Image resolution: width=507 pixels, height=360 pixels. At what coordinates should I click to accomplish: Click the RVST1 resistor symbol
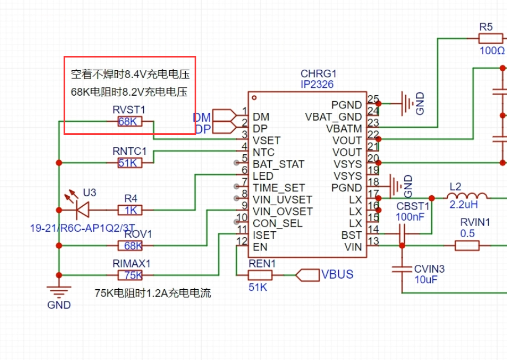(x=130, y=121)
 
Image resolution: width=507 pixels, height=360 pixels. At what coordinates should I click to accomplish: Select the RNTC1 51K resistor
(x=130, y=163)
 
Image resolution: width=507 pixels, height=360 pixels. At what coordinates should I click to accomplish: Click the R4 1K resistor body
(x=130, y=210)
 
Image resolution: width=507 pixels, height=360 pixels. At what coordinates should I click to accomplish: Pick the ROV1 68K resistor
(x=130, y=246)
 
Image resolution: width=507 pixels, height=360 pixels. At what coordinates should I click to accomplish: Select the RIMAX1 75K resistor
(x=130, y=275)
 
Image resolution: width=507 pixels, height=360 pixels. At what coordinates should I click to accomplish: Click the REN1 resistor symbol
(x=260, y=275)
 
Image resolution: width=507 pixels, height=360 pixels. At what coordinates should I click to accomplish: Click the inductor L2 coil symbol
(x=467, y=195)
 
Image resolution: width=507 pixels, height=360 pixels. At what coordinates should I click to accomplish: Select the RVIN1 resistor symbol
(x=467, y=246)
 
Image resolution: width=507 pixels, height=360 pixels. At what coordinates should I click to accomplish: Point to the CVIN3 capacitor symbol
(x=402, y=269)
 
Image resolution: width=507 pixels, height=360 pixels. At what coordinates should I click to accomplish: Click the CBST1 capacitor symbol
(x=402, y=234)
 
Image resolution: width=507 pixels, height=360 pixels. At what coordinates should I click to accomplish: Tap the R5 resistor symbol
(x=491, y=39)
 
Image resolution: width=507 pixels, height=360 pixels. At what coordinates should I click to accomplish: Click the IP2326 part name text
(x=317, y=85)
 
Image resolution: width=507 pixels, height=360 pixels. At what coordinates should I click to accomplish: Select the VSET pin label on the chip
(x=266, y=140)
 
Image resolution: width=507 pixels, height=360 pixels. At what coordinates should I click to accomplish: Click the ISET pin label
(x=264, y=235)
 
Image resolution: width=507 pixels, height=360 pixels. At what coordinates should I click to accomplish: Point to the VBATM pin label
(x=344, y=129)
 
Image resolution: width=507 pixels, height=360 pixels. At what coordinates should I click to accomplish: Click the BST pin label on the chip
(x=352, y=235)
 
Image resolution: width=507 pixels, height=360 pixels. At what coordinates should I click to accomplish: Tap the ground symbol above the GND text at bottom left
(x=59, y=292)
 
